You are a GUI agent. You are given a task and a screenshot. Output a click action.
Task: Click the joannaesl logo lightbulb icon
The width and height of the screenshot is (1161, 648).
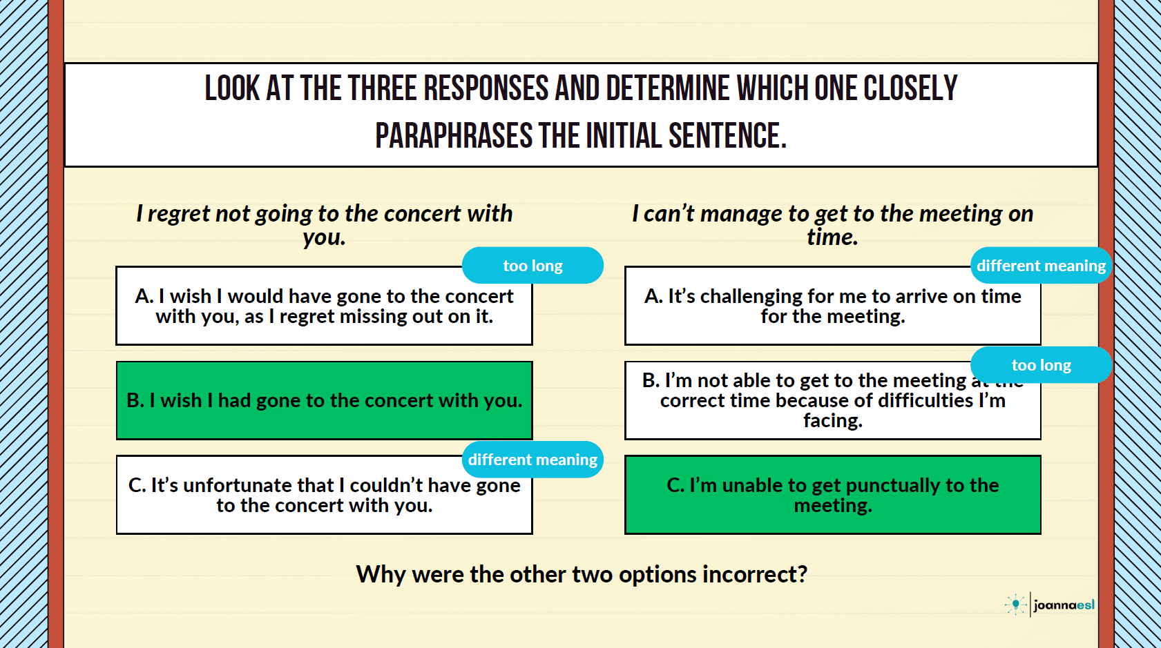pyautogui.click(x=1016, y=605)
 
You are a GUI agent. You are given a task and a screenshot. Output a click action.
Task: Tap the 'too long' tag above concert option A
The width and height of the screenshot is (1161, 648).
pyautogui.click(x=532, y=265)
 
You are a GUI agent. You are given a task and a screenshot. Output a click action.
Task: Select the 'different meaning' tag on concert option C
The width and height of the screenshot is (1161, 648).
pyautogui.click(x=532, y=460)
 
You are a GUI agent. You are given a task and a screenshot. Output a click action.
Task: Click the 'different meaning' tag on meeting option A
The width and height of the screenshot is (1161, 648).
pyautogui.click(x=1042, y=265)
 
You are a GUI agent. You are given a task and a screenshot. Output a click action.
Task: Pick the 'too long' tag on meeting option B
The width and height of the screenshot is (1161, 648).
pyautogui.click(x=1042, y=364)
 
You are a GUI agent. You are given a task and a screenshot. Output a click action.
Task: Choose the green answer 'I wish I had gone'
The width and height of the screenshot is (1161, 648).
pyautogui.click(x=325, y=400)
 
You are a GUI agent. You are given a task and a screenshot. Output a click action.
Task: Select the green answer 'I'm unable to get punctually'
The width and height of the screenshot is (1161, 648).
pyautogui.click(x=833, y=495)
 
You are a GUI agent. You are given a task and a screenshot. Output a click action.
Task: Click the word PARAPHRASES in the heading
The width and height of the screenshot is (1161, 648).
pyautogui.click(x=454, y=136)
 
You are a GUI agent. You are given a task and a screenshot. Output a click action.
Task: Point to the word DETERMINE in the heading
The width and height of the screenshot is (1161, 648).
pyautogui.click(x=668, y=88)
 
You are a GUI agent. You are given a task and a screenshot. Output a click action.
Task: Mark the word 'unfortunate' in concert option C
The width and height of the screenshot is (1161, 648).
pyautogui.click(x=237, y=485)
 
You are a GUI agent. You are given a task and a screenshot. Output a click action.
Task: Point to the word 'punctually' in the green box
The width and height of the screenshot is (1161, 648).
pyautogui.click(x=893, y=486)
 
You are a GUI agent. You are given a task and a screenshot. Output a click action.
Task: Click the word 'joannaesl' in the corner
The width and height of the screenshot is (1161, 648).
pyautogui.click(x=1064, y=605)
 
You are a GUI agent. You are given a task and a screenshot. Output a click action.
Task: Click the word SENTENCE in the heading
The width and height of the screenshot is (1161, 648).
pyautogui.click(x=727, y=136)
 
